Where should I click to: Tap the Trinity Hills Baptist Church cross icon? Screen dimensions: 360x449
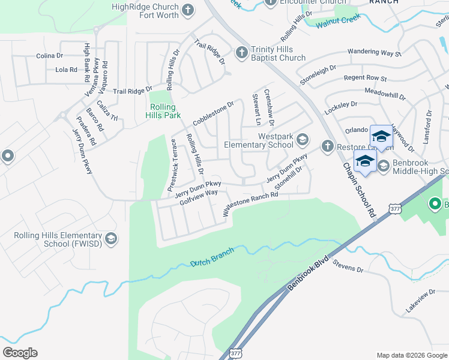pyautogui.click(x=242, y=53)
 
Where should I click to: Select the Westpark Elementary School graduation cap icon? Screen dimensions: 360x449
pyautogui.click(x=303, y=140)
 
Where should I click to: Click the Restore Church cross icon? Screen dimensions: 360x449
pyautogui.click(x=327, y=145)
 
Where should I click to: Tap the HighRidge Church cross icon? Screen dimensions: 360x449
pyautogui.click(x=188, y=10)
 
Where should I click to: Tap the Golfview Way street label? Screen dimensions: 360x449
pyautogui.click(x=198, y=199)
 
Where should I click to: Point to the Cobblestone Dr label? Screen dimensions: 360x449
pyautogui.click(x=212, y=113)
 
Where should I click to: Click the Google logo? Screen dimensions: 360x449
pyautogui.click(x=20, y=353)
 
